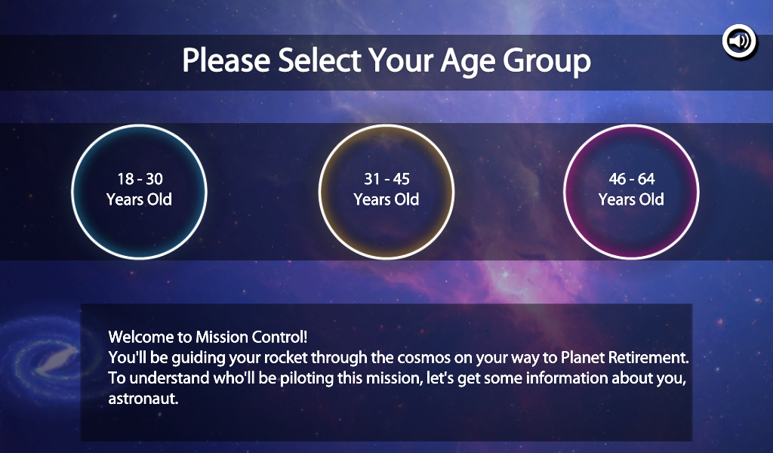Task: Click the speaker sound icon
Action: click(x=739, y=41)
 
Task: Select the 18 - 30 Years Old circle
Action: click(x=139, y=191)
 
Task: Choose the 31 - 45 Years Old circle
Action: click(x=386, y=191)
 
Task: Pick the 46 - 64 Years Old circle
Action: click(x=631, y=191)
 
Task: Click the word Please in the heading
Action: click(x=226, y=60)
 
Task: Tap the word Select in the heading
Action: click(x=319, y=60)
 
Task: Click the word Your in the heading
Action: click(x=402, y=60)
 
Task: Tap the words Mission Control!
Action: click(x=251, y=337)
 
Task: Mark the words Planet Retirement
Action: click(x=624, y=357)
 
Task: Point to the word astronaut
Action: click(x=143, y=399)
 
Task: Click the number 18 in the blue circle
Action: click(x=126, y=178)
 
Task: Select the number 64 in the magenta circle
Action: click(x=646, y=178)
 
